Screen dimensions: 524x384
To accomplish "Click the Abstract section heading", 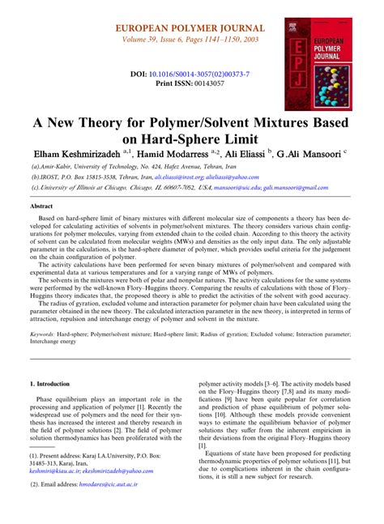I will [42, 207].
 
